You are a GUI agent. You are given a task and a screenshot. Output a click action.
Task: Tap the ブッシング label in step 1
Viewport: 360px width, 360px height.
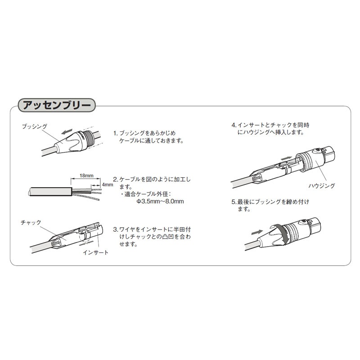[35, 127]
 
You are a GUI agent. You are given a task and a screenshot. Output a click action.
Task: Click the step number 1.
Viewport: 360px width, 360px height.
[115, 133]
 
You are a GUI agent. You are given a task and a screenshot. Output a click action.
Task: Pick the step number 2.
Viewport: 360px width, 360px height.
[115, 179]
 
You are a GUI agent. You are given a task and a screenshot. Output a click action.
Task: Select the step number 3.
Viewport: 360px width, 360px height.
[115, 229]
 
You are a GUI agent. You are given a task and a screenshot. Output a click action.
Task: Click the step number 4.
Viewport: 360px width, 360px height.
[233, 125]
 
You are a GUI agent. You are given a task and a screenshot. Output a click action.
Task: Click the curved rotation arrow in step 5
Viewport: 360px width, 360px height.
[283, 235]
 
